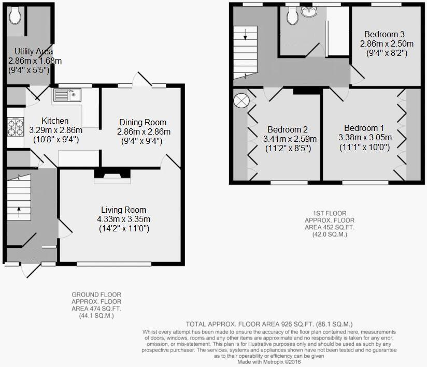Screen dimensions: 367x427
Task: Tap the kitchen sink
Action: [x=67, y=95]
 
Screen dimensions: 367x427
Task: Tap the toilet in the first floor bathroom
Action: [x=292, y=17]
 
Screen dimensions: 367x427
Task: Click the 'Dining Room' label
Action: [x=141, y=122]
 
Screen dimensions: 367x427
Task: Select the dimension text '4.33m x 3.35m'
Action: [x=124, y=219]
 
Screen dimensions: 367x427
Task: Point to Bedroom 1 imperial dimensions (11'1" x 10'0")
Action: [x=364, y=146]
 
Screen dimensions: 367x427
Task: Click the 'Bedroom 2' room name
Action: [x=288, y=129]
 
